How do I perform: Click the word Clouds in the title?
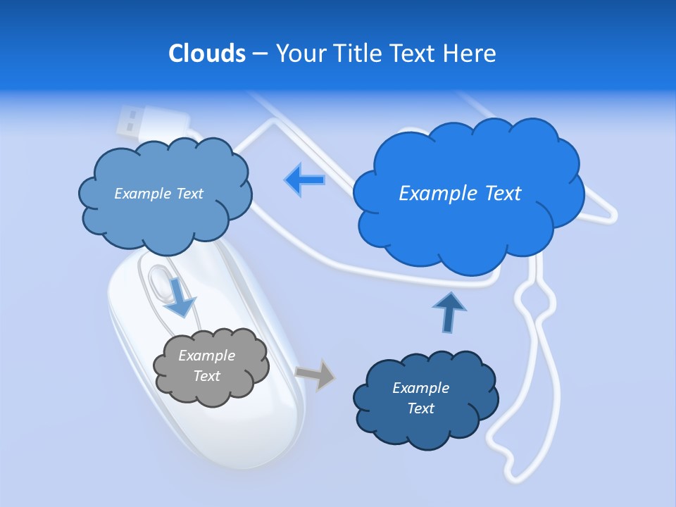click(x=207, y=53)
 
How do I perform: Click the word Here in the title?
click(x=470, y=53)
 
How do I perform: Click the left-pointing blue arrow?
click(x=304, y=180)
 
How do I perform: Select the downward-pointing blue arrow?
click(x=180, y=298)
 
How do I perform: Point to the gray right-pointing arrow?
click(x=315, y=374)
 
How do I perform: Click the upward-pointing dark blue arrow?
click(x=449, y=312)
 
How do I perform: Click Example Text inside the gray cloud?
click(x=207, y=365)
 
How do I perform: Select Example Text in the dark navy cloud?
click(x=420, y=398)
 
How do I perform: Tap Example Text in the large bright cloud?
click(x=460, y=194)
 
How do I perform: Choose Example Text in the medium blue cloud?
click(x=158, y=194)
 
